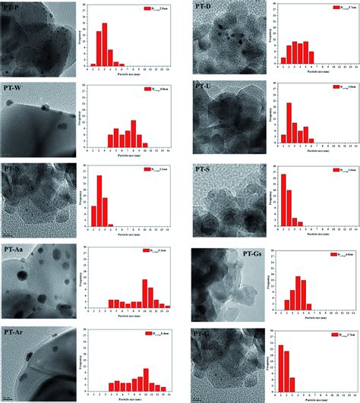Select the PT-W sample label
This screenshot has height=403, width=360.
tap(14, 89)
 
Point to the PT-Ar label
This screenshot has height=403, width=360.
tap(14, 332)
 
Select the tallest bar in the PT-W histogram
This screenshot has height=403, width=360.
tap(132, 134)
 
